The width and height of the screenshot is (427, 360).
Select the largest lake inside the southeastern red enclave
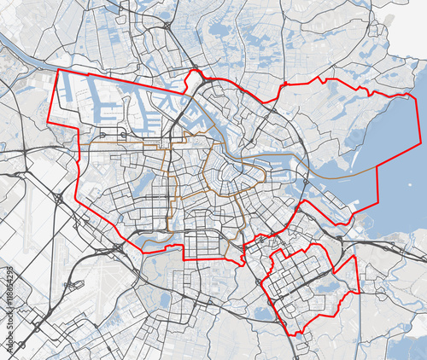coord(330,288)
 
